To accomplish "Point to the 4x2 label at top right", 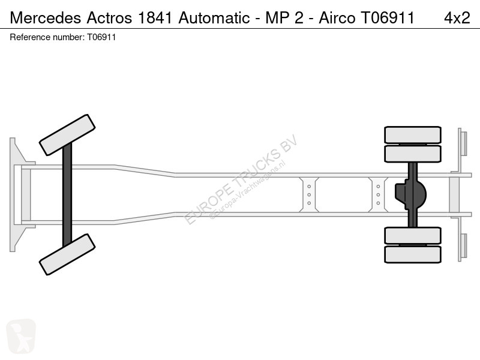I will pos(457,17).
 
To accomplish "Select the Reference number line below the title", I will pos(63,37).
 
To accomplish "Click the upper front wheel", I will pos(67,135).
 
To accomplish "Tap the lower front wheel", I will pos(67,254).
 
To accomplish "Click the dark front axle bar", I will pos(67,194).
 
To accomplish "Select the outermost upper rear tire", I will pos(412,135).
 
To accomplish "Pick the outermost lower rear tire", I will pos(412,254).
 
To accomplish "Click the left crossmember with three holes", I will pos(309,194).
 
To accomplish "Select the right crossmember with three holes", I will pos(378,194).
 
